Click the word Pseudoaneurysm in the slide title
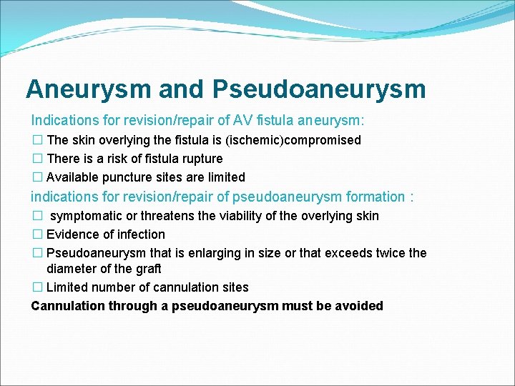pos(319,89)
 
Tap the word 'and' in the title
pos(182,89)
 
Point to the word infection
pos(140,234)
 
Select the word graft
pos(147,269)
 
